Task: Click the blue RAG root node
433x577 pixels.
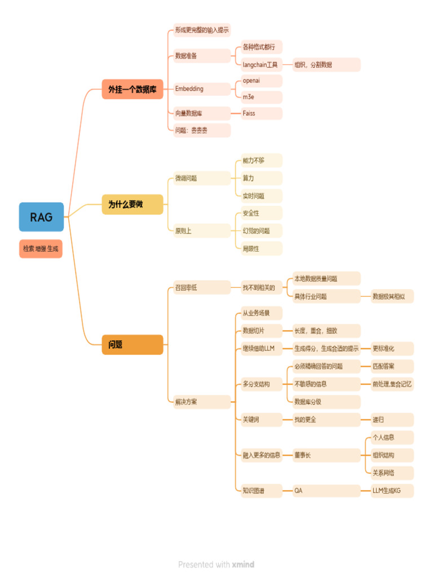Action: coord(41,217)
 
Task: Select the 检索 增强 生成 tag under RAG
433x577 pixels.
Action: coord(41,248)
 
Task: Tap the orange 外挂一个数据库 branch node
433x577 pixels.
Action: coord(132,89)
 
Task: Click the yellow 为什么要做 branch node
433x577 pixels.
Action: coord(132,205)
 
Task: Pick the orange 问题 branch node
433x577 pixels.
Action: coord(132,344)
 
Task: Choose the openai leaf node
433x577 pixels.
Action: coord(260,81)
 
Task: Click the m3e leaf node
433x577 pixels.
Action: coord(260,97)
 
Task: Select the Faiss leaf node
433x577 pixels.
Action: coord(260,113)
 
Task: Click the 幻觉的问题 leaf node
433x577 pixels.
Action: coord(260,231)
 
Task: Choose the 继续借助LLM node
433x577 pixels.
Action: coord(260,349)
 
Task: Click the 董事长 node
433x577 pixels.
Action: coord(325,455)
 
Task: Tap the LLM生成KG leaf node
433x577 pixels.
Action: coord(391,491)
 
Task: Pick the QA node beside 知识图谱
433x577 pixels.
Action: coord(325,491)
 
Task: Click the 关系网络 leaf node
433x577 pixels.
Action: coord(391,473)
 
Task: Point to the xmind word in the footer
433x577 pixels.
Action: coord(243,565)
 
